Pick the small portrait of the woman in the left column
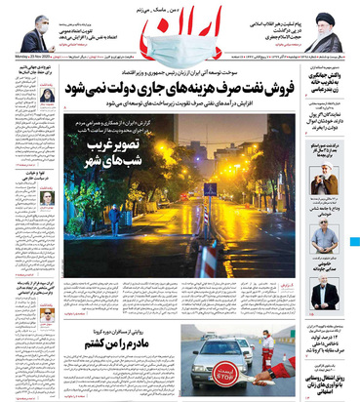coord(47,96)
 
